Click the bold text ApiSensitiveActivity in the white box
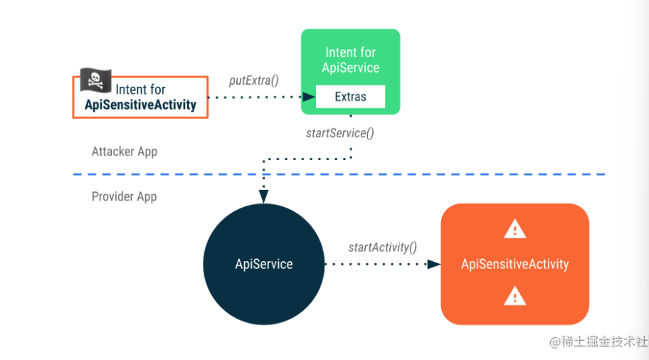point(140,105)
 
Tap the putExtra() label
point(254,80)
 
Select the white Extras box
point(350,97)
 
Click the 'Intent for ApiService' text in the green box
point(350,60)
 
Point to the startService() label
point(339,133)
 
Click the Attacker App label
point(125,152)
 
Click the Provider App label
point(124,196)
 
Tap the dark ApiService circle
point(263,264)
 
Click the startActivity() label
point(382,248)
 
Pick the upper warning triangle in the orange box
point(515,229)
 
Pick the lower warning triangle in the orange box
point(515,295)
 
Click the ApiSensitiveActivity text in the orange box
point(515,264)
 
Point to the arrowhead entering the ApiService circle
point(263,198)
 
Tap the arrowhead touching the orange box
point(434,264)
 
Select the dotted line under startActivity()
point(377,264)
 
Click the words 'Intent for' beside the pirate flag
point(140,90)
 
